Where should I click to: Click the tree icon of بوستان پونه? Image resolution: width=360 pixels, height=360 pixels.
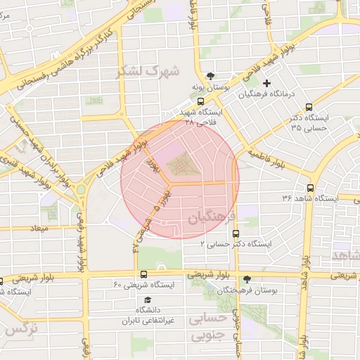(210, 77)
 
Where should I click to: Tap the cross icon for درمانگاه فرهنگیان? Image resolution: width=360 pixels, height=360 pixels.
(266, 84)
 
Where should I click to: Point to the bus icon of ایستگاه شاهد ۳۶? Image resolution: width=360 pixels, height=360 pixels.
(310, 188)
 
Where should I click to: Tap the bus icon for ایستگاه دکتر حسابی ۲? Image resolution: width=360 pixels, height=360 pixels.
(235, 233)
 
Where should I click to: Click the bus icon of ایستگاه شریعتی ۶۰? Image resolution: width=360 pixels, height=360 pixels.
(143, 274)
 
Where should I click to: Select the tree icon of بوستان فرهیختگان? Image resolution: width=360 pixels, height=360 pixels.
(246, 279)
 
